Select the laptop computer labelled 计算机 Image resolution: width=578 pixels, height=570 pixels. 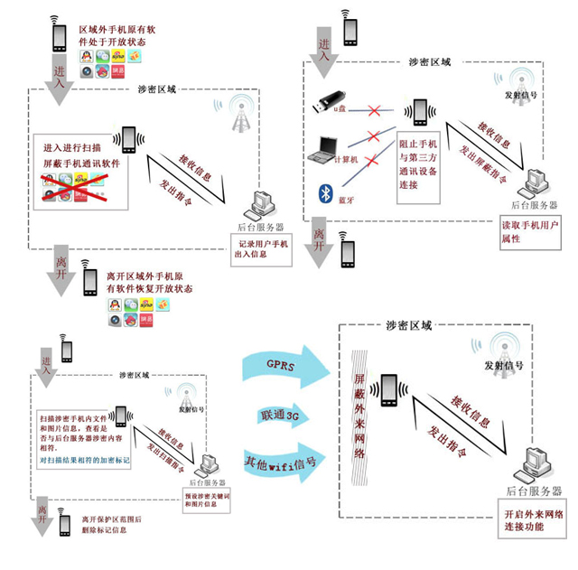pyautogui.click(x=322, y=148)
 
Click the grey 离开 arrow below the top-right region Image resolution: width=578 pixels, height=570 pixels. pyautogui.click(x=318, y=248)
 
